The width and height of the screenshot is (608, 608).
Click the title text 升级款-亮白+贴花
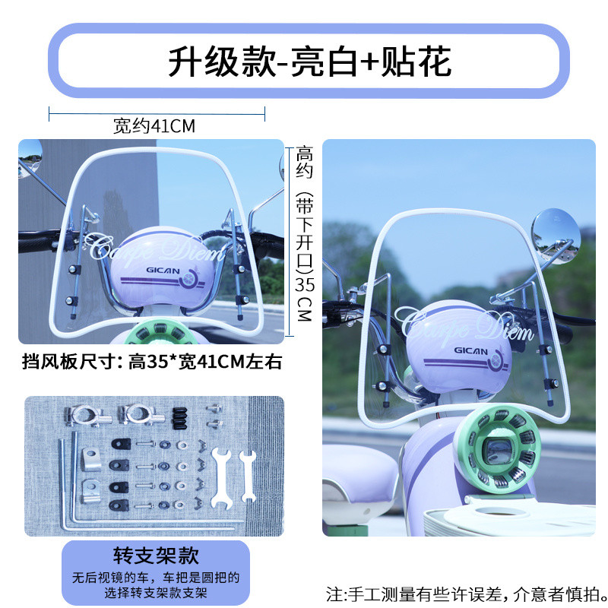309,62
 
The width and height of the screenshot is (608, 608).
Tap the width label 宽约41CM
154,126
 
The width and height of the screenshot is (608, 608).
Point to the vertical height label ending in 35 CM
305,233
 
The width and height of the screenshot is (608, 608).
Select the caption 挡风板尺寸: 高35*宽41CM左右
151,362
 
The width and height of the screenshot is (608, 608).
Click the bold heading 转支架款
156,556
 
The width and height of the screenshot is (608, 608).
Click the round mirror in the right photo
556,236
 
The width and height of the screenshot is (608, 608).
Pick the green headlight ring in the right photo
498,449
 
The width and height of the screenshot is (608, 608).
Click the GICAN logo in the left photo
163,271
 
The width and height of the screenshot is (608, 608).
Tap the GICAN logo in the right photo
470,350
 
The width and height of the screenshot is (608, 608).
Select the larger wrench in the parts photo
222,477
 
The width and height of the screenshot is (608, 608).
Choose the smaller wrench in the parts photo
248,476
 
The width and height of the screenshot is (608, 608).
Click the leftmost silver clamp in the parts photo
87,415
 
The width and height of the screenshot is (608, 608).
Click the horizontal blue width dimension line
157,114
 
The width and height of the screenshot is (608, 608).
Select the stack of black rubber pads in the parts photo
179,418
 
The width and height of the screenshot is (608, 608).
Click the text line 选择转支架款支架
156,593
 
